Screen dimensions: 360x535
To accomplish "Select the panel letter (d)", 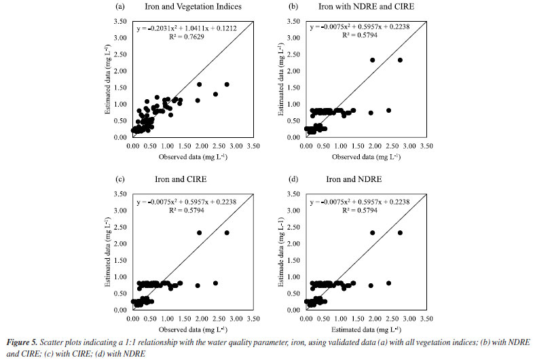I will [293, 180].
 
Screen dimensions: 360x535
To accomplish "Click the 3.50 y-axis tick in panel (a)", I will [121, 22].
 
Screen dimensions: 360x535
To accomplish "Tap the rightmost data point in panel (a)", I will [227, 85].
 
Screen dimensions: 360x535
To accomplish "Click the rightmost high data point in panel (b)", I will [400, 60].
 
